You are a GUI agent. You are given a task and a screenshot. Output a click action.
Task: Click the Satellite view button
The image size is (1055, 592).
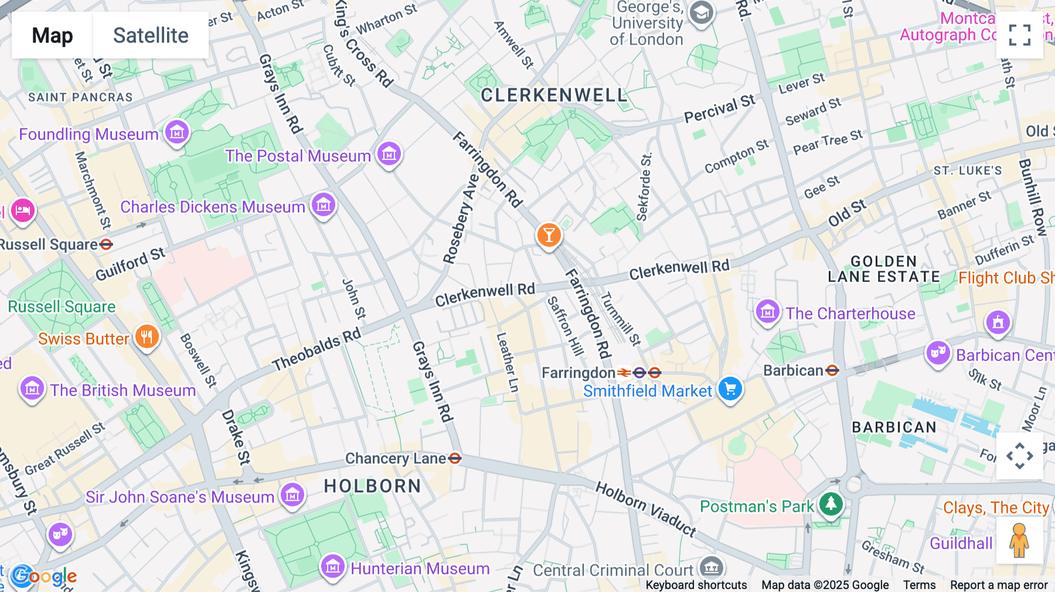pos(151,35)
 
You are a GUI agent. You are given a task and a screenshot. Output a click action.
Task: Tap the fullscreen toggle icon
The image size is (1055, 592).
pos(1019,35)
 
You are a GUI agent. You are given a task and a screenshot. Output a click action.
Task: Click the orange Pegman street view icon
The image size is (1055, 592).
pos(1019,540)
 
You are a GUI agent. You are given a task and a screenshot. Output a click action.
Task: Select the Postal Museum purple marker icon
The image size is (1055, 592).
pos(389,155)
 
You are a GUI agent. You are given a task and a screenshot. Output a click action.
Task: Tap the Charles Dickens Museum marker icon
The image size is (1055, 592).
pos(324,206)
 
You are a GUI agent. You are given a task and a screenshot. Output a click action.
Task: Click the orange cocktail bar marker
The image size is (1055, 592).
pos(549,236)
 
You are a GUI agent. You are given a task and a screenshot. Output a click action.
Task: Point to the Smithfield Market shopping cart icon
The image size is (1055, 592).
pos(730,389)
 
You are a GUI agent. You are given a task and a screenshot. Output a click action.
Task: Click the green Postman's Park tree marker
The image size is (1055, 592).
pos(831,503)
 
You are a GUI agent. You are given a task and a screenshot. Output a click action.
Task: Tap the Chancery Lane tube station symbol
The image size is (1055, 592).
pos(455,458)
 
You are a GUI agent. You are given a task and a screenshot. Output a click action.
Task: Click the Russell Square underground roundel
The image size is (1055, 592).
pos(106,244)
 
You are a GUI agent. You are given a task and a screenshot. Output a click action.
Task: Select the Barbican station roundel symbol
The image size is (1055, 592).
pos(832,370)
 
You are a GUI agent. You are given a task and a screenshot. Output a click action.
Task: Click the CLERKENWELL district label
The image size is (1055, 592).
pos(553,96)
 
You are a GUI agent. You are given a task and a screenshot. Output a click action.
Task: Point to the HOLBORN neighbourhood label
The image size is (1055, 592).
pos(372,486)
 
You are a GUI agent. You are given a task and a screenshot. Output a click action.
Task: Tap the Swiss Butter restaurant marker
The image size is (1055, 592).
pos(147,337)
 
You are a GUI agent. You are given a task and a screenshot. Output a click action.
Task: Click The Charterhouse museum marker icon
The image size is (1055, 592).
pos(767,312)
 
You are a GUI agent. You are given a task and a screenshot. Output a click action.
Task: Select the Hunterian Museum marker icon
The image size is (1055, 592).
pos(333,567)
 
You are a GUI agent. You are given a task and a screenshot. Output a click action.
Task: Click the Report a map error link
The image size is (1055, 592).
pos(999,585)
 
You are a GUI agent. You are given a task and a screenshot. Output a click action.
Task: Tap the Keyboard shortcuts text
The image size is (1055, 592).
pos(696,585)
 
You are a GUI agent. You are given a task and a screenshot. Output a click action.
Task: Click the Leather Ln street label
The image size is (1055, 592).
pos(508,362)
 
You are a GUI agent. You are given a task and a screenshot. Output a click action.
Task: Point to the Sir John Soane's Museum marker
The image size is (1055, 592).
pos(292,495)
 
